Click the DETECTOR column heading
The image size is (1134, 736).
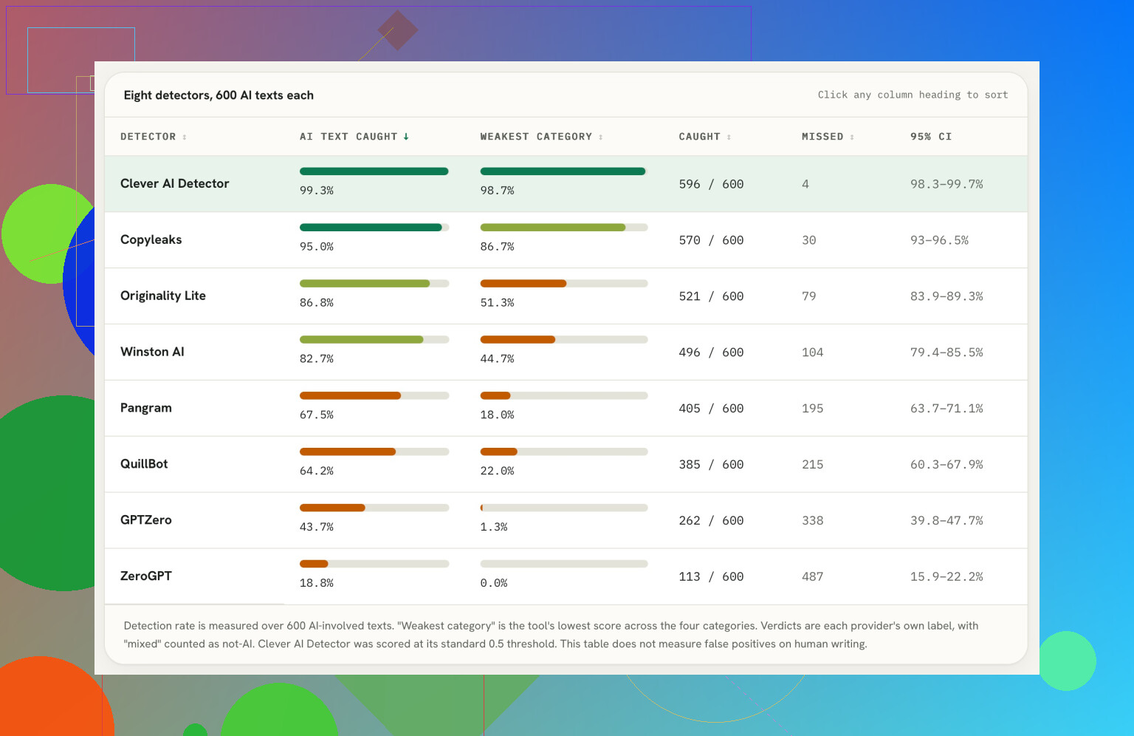click(x=148, y=137)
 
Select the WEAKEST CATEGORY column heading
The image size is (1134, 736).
click(x=536, y=137)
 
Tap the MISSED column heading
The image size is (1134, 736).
click(x=822, y=137)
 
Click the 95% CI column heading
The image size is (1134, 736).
click(x=931, y=137)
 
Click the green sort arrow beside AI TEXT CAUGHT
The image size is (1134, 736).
click(x=406, y=137)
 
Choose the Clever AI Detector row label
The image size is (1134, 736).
click(x=175, y=183)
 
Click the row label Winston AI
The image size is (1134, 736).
click(x=152, y=352)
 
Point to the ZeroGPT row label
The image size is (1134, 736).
click(x=145, y=576)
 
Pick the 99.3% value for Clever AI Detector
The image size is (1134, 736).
click(x=317, y=190)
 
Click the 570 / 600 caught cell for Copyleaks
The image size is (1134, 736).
click(x=711, y=239)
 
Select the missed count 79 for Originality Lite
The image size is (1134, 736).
click(x=808, y=296)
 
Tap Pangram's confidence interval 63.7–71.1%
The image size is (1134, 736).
click(x=946, y=408)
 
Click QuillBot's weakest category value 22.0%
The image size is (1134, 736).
click(x=497, y=471)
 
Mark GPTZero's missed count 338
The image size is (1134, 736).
click(x=813, y=520)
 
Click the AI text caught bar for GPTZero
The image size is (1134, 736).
click(x=332, y=508)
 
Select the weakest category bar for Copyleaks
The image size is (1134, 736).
click(x=553, y=227)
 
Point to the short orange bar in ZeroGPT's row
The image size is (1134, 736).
click(x=314, y=564)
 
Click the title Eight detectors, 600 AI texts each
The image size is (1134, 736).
click(x=219, y=95)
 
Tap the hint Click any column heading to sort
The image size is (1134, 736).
click(x=913, y=95)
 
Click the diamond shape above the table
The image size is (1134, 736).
click(x=398, y=30)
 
